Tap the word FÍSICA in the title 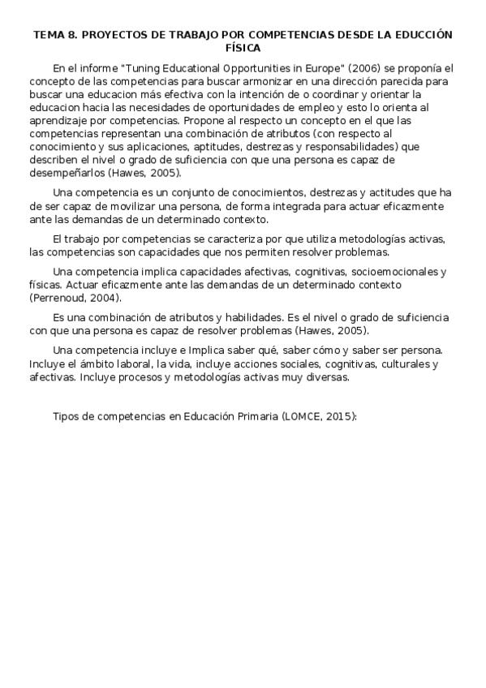click(243, 48)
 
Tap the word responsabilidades click(333, 146)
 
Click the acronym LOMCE click(299, 415)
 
